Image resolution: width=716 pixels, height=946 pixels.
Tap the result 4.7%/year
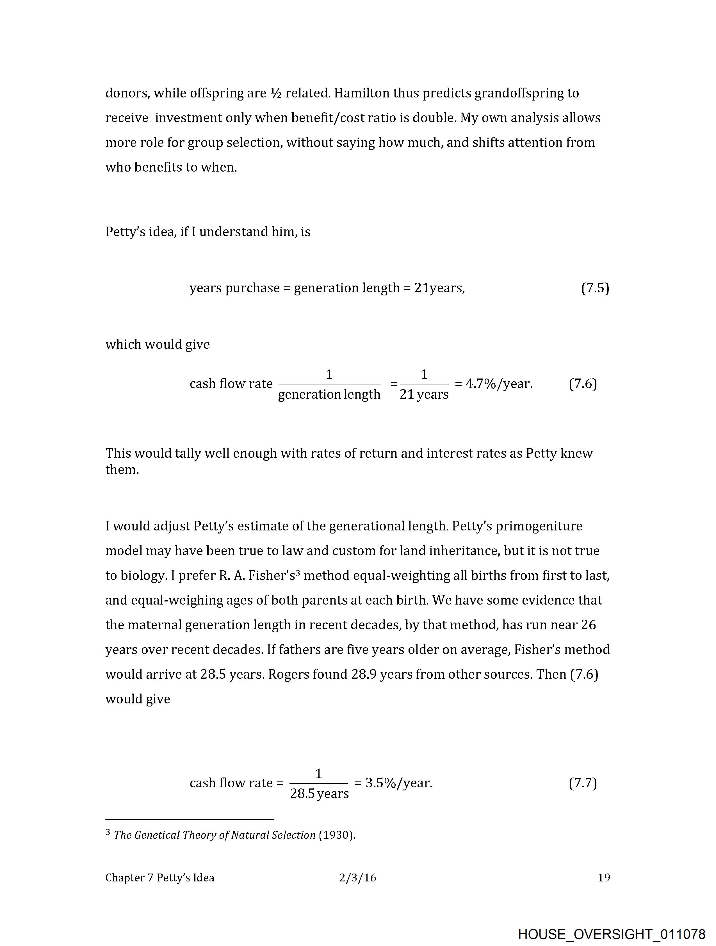(499, 384)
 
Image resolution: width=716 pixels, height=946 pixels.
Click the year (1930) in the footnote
(337, 835)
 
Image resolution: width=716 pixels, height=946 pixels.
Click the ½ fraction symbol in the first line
(276, 93)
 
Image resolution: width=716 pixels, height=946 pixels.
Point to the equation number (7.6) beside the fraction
(583, 384)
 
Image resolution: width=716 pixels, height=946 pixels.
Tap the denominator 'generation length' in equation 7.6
(329, 394)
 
